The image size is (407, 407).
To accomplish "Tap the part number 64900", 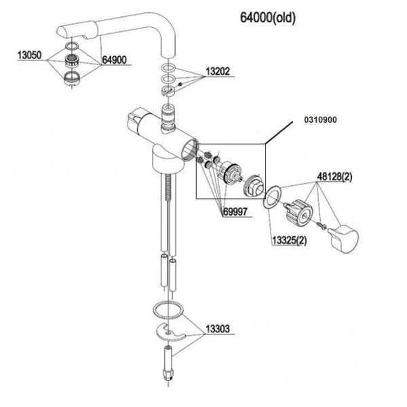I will pos(113,60).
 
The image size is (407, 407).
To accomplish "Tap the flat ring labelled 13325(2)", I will pos(271,197).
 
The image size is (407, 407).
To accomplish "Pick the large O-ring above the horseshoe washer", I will pos(167,311).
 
